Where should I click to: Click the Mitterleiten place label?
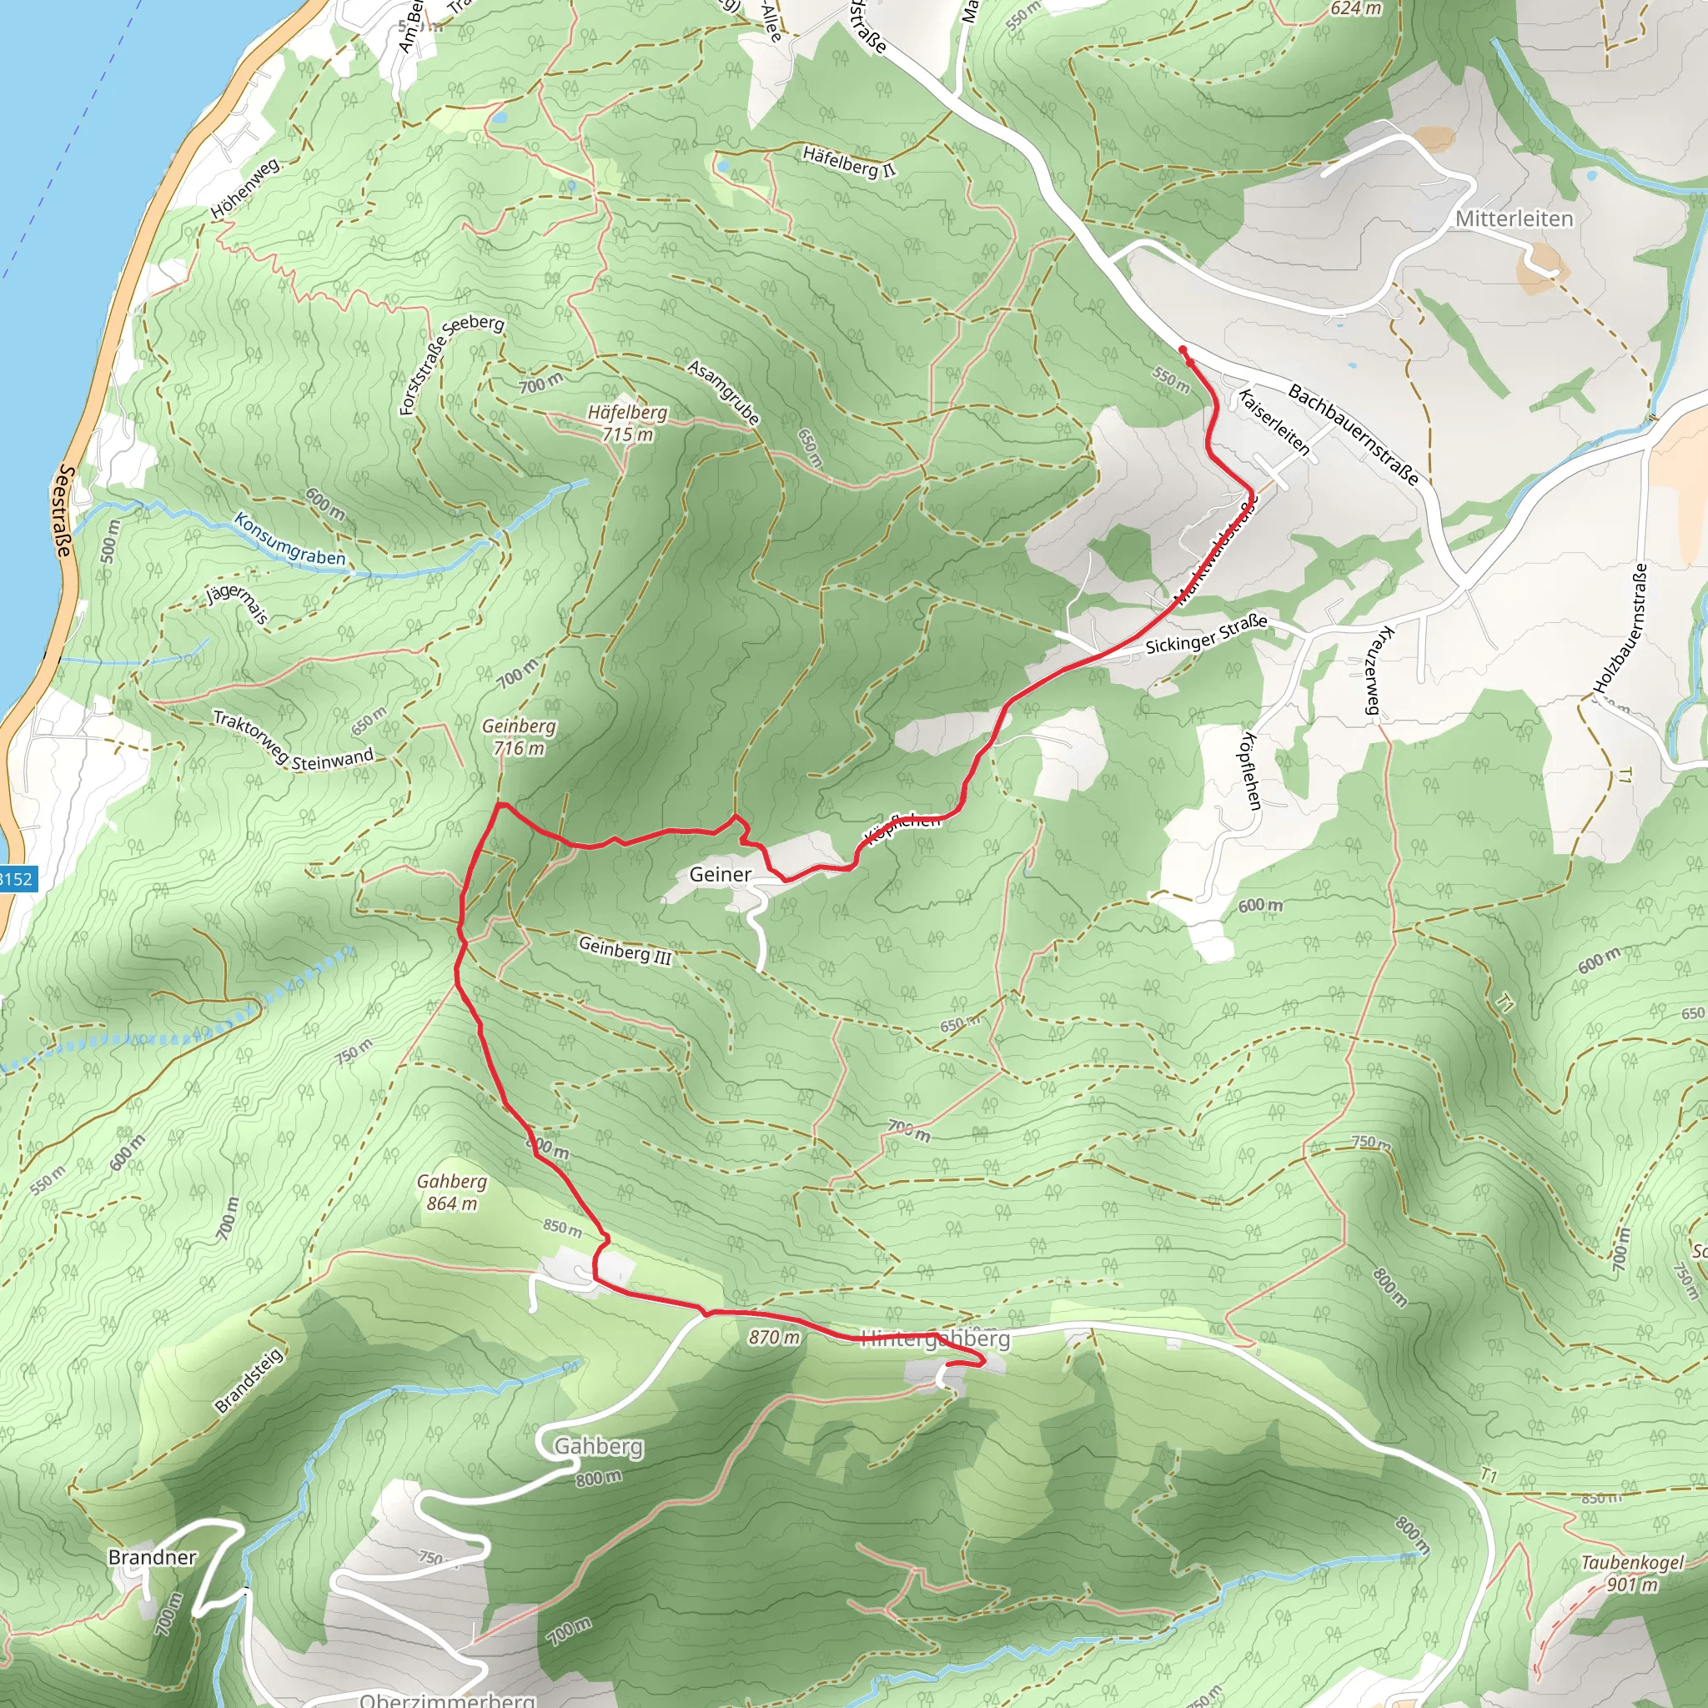(x=1515, y=219)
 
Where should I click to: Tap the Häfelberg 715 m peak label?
(x=628, y=424)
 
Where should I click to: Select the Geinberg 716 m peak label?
(x=519, y=737)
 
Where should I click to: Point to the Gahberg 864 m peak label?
(x=452, y=1193)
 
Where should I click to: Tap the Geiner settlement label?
(x=720, y=874)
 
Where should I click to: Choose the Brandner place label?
(x=152, y=1557)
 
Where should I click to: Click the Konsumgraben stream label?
(x=289, y=540)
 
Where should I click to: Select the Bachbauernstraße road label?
(x=1353, y=434)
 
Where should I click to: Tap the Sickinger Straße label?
(x=1206, y=635)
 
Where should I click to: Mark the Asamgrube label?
(x=723, y=393)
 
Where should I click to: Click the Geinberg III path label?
(x=625, y=951)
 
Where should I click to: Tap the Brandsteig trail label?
(x=249, y=1380)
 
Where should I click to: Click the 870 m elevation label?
(x=774, y=1338)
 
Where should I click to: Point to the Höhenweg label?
(x=245, y=188)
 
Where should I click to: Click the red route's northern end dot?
(x=1183, y=350)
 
